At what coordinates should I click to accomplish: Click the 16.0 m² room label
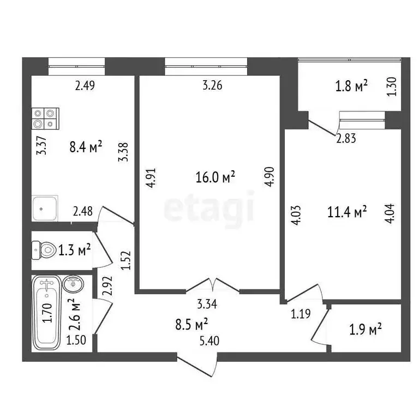coord(215,176)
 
